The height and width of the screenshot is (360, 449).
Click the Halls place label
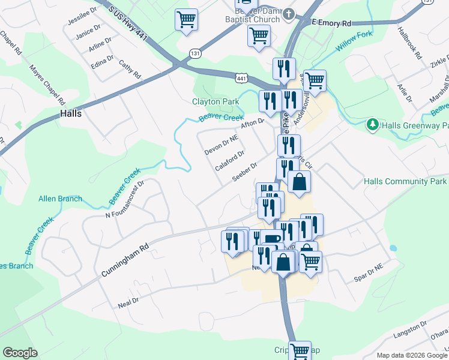pos(71,113)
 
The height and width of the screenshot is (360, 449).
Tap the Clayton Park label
pos(215,101)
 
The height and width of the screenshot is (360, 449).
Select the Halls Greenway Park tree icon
pos(373,125)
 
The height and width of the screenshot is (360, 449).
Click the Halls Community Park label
pos(405,181)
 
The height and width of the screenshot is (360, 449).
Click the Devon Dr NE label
pos(221,145)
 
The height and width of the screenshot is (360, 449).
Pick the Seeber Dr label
pos(244,172)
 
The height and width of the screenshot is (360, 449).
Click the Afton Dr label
pos(252,122)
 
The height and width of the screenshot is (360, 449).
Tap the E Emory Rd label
pos(331,23)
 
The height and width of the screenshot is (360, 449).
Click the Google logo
pos(20,353)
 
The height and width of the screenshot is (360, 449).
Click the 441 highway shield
pos(241,78)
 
